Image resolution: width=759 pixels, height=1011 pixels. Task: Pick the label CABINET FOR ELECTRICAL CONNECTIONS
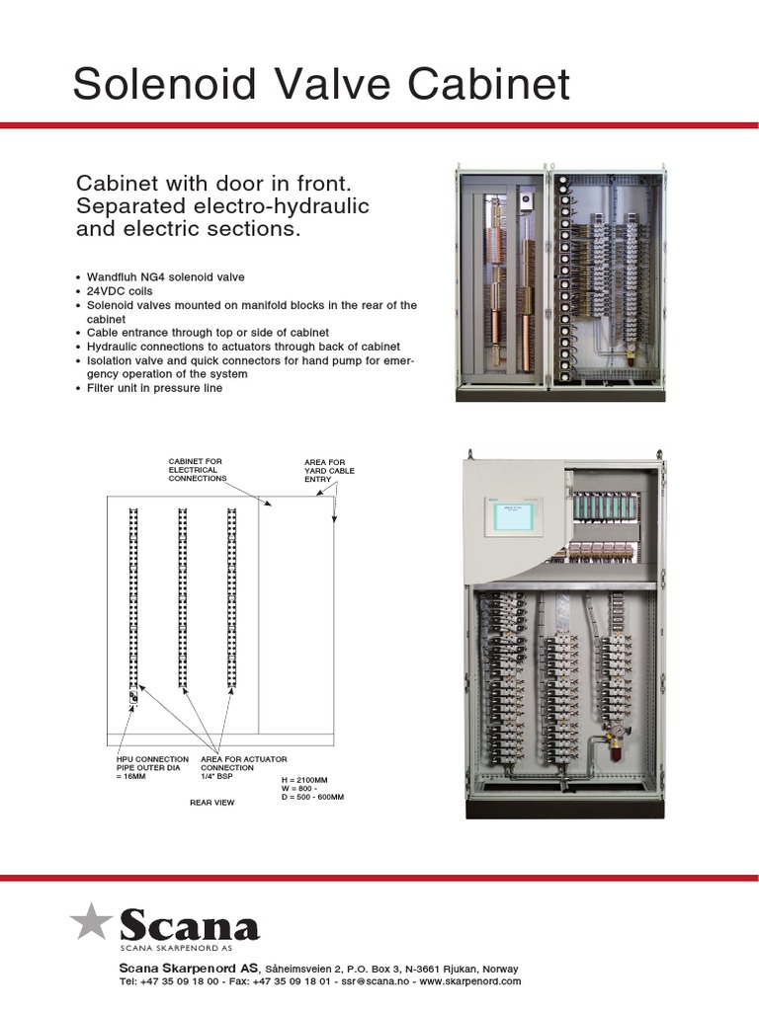click(197, 470)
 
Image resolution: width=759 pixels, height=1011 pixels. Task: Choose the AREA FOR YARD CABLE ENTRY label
click(329, 470)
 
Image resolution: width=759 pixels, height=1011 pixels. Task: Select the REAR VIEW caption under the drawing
click(211, 803)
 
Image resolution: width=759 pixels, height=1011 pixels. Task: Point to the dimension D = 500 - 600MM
click(312, 796)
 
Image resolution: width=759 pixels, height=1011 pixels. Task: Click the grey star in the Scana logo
click(92, 921)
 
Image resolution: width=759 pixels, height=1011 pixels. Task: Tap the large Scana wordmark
click(189, 926)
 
